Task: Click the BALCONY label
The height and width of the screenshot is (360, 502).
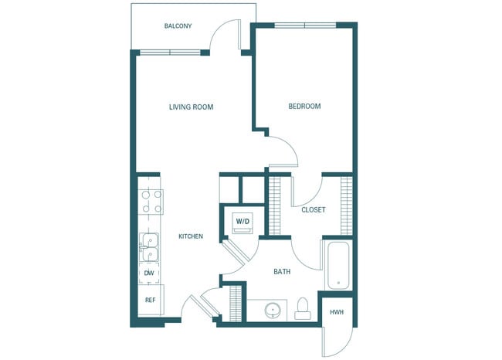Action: pos(178,26)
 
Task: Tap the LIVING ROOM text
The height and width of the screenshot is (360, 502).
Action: pos(191,107)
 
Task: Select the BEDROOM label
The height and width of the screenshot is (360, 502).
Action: pos(304,107)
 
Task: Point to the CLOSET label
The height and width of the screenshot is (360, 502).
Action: pos(313,209)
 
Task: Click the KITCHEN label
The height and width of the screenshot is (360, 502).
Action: pos(191,236)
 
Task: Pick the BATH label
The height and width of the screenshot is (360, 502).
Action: pos(281,272)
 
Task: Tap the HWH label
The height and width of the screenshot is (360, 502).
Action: pos(337,312)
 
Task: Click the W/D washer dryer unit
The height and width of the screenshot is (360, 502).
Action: pos(243,222)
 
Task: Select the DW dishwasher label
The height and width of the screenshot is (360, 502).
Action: pos(149,273)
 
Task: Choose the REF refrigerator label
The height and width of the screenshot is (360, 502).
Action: pos(150,300)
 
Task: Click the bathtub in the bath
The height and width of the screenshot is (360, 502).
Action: pos(337,266)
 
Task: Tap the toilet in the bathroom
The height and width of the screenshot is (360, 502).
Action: pos(303,307)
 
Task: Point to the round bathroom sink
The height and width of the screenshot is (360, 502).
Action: pos(273,310)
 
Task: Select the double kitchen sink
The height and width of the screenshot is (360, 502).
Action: pos(149,247)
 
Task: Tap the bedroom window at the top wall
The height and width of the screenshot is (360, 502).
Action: pos(305,25)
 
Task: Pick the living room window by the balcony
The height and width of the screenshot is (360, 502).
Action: pos(170,53)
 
